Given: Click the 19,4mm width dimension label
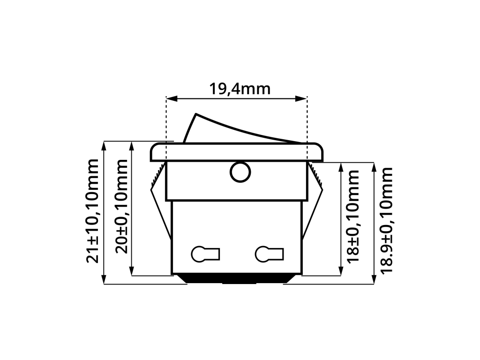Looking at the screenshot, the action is (x=240, y=89).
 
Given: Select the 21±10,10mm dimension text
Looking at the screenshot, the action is (x=92, y=211).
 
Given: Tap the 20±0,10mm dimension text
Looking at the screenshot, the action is (x=121, y=206).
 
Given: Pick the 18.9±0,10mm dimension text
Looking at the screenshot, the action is (x=386, y=220).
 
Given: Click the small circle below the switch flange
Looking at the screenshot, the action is (x=240, y=172).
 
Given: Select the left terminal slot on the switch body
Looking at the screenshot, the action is (x=205, y=254).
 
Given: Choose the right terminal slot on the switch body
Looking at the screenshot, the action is (x=270, y=254).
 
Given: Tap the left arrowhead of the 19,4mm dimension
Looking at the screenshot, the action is (x=172, y=98).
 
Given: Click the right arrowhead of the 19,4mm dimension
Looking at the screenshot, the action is (x=301, y=98).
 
